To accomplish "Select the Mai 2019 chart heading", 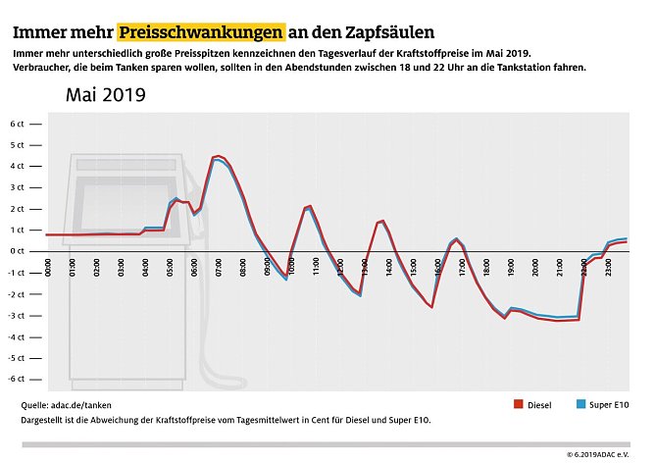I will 105,95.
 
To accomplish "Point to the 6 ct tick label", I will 17,125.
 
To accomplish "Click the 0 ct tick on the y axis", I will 17,251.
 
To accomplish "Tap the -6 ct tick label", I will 17,379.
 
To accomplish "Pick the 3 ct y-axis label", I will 17,187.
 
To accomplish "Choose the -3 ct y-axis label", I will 17,315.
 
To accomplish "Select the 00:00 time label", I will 50,267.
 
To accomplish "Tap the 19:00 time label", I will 511,267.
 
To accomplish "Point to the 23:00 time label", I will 608,267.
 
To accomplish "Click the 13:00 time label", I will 366,267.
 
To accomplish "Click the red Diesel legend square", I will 519,404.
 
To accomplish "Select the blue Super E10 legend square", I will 579,404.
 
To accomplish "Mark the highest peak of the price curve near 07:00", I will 218,156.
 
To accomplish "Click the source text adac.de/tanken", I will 84,404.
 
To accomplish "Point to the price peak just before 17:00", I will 456,238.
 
